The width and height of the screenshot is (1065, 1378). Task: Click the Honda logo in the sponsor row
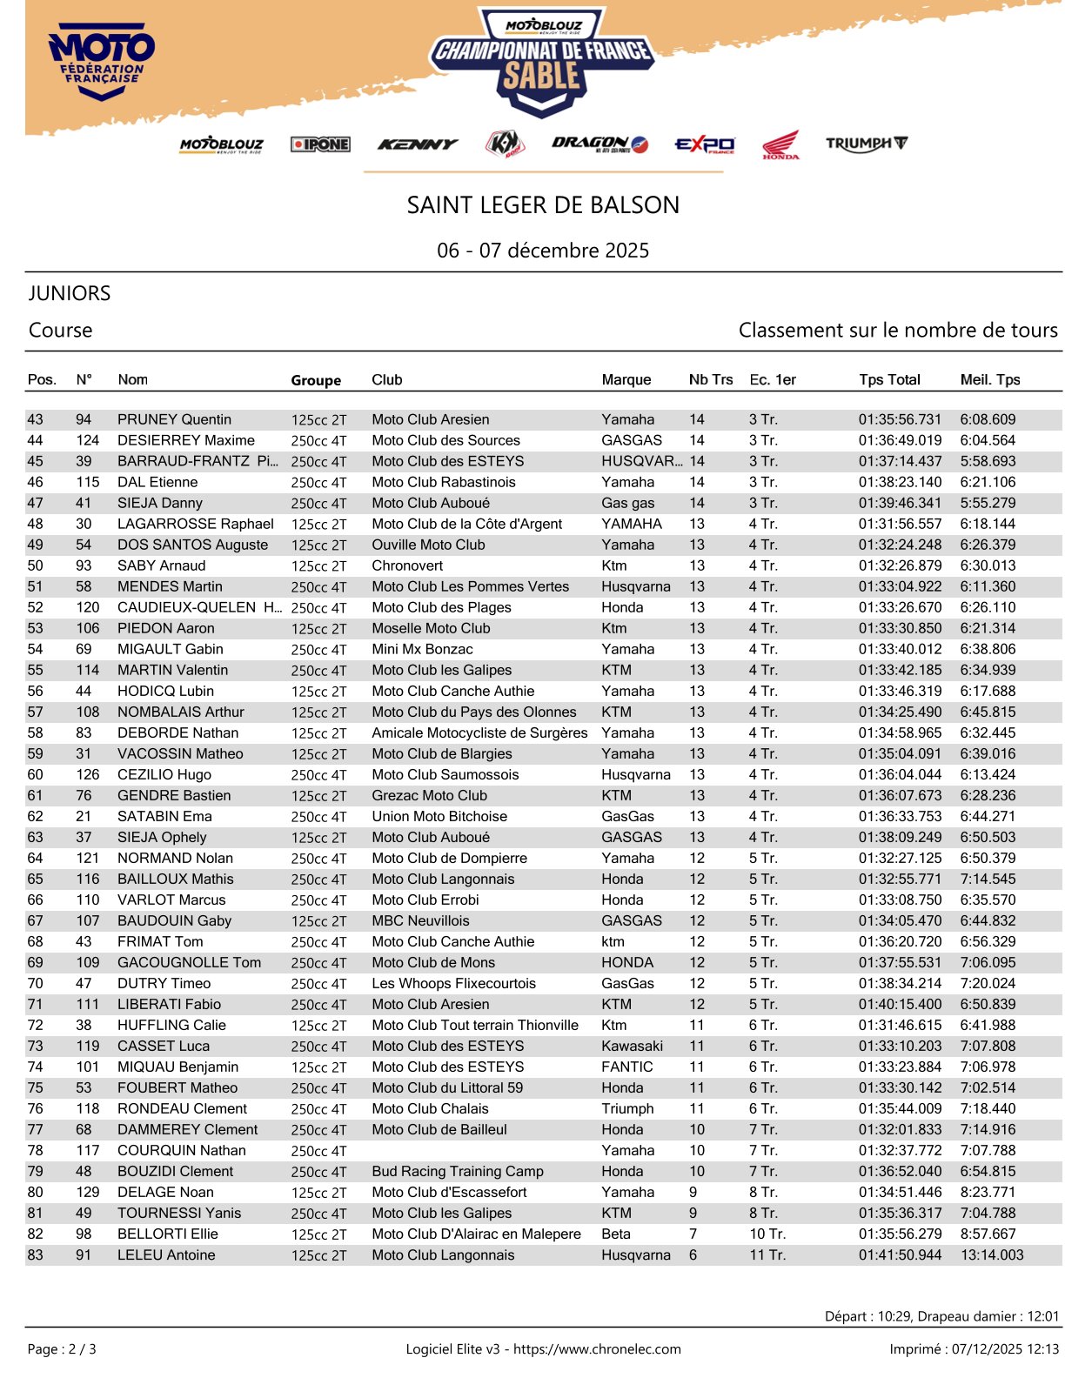(780, 144)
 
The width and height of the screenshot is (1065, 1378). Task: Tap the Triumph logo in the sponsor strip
(866, 144)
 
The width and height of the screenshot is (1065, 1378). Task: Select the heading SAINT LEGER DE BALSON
(543, 205)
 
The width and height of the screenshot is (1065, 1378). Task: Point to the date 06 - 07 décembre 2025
(543, 251)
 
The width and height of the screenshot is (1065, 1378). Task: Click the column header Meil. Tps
(989, 379)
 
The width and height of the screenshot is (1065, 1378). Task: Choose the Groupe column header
(316, 380)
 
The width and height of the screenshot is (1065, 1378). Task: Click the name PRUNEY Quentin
(174, 419)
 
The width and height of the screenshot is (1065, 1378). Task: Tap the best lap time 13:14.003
(991, 1254)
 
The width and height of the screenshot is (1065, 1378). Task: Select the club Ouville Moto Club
(428, 545)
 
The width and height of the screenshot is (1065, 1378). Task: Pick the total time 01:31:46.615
(900, 1025)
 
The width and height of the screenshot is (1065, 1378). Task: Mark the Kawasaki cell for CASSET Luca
(632, 1046)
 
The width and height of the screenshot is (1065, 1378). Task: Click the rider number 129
(87, 1192)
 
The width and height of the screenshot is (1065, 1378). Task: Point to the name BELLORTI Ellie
(167, 1234)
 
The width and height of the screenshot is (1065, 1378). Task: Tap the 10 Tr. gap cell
(767, 1234)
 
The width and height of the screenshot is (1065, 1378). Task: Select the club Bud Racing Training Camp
(457, 1171)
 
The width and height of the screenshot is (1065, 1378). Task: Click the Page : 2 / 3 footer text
(62, 1349)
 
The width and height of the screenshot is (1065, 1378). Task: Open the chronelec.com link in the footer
(597, 1349)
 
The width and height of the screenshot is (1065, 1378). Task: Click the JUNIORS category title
(70, 293)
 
